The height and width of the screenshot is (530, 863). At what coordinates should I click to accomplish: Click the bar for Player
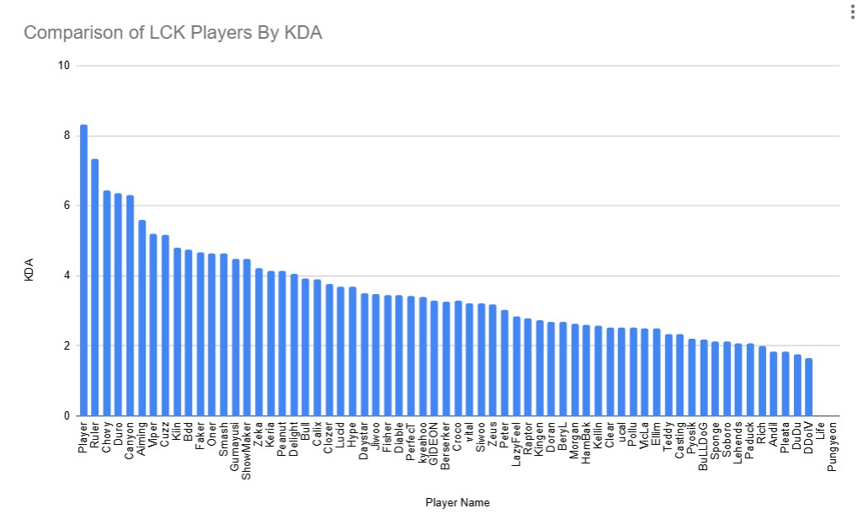[x=83, y=270]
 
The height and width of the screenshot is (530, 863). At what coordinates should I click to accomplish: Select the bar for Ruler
[x=95, y=287]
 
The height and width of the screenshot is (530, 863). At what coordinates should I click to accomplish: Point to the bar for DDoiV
[x=808, y=388]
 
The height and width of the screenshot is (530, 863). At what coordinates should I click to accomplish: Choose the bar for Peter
[x=504, y=363]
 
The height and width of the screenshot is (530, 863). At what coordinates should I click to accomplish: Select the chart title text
[x=173, y=33]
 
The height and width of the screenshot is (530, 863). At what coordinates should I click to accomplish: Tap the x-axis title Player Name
[x=457, y=503]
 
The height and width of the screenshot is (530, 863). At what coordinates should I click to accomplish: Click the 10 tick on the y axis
[x=63, y=66]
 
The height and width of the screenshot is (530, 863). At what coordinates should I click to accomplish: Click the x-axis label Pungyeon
[x=832, y=446]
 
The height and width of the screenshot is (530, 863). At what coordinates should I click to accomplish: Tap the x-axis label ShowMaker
[x=247, y=451]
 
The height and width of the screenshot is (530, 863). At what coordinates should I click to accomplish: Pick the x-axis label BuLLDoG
[x=703, y=446]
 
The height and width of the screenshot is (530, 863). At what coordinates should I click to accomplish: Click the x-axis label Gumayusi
[x=235, y=447]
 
